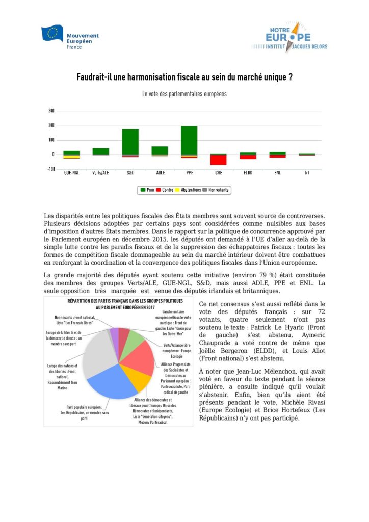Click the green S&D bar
click(x=130, y=142)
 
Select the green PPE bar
click(x=189, y=140)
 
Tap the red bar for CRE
click(x=219, y=160)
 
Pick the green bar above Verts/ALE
click(x=100, y=151)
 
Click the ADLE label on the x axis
click(x=160, y=173)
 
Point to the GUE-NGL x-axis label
click(x=71, y=173)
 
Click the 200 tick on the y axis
click(x=51, y=125)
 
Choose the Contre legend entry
click(x=165, y=190)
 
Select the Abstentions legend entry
click(x=188, y=190)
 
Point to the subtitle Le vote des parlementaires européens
click(x=184, y=94)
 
